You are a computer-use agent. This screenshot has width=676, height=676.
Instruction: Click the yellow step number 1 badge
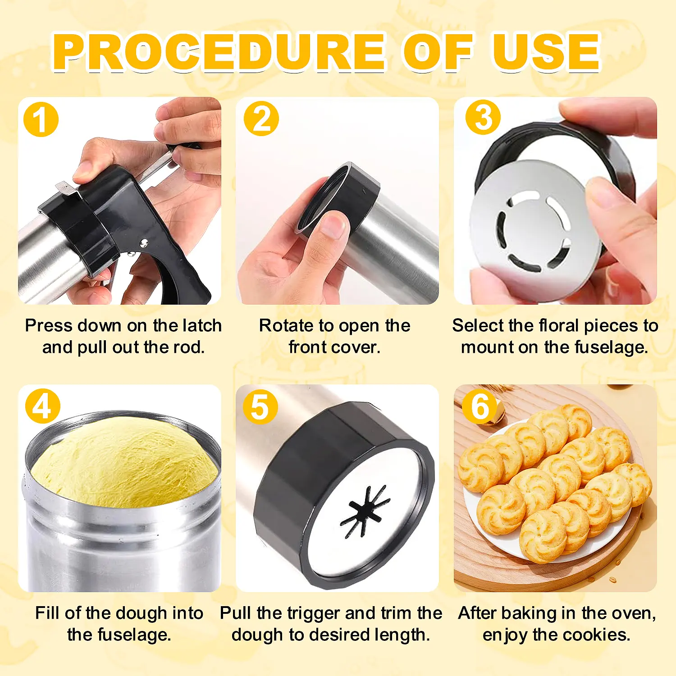point(41,120)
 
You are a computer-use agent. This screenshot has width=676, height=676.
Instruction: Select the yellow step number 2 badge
point(261,119)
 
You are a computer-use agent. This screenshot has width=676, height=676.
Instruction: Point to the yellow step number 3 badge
point(483,117)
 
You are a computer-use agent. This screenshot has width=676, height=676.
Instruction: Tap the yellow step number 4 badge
point(43,406)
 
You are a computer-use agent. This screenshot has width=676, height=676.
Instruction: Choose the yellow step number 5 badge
point(260,407)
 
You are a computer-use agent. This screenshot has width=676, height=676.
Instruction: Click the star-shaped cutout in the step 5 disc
point(364,511)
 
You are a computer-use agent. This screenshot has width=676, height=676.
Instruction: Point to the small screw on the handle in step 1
point(143,243)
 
